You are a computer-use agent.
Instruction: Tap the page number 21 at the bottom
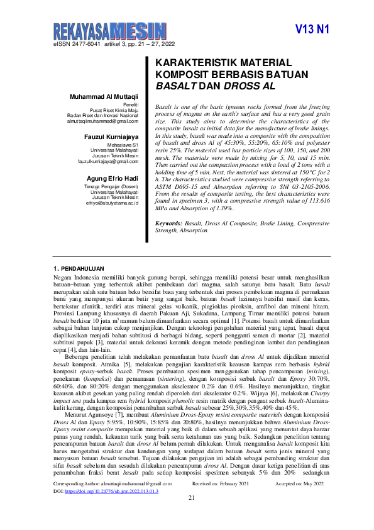point(192,516)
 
